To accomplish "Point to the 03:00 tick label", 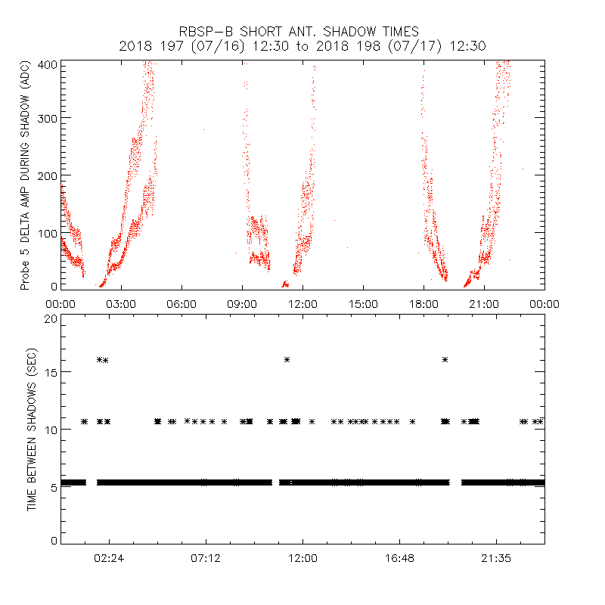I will click(x=121, y=304).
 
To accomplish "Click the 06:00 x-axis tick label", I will click(x=181, y=304).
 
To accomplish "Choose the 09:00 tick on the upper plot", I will click(x=242, y=304).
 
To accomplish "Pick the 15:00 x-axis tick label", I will click(x=363, y=304).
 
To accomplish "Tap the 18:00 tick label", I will click(x=423, y=304).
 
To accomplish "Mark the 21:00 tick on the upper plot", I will click(x=484, y=304).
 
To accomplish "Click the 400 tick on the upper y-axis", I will click(x=48, y=64).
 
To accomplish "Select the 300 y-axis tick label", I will click(x=48, y=119).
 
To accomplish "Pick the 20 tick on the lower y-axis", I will click(x=51, y=318).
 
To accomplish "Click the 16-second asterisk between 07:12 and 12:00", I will click(x=287, y=359).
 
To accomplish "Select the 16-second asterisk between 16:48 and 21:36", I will click(x=445, y=359).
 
